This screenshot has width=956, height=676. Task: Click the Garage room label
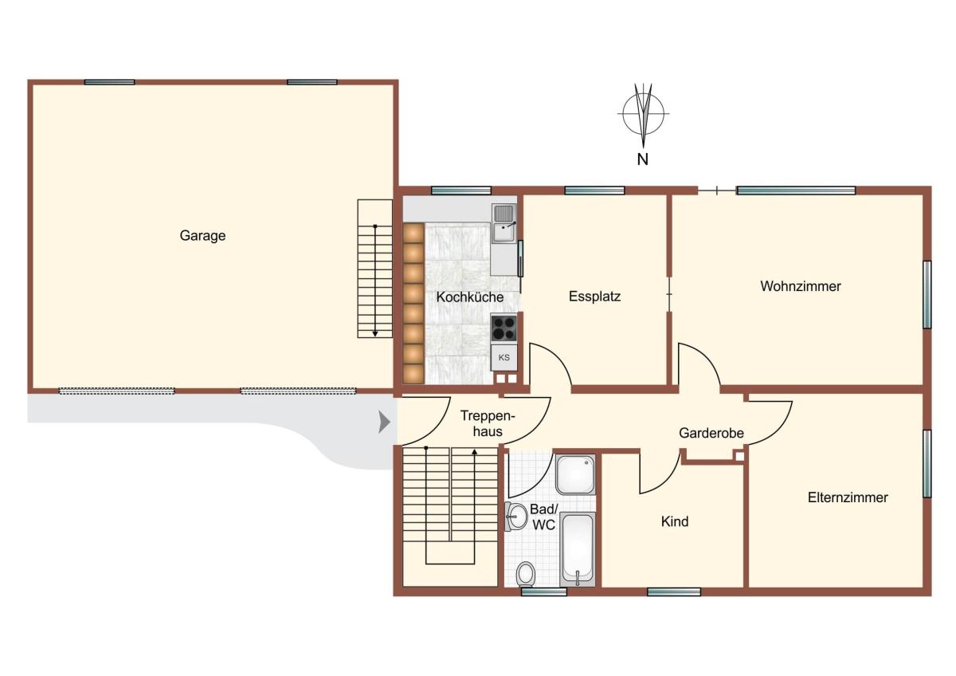pos(202,236)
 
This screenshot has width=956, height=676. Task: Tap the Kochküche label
pos(469,297)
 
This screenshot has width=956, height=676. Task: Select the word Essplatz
pos(594,297)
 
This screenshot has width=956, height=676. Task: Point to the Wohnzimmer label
pos(800,286)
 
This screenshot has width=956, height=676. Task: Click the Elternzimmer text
pos(848,497)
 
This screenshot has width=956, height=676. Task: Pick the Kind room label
pos(675,521)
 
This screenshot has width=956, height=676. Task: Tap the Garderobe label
pos(711,433)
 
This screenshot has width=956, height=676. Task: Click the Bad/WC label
pos(543,517)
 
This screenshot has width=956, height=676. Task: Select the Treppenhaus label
pos(488,423)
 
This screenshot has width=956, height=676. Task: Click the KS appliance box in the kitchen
pos(504,357)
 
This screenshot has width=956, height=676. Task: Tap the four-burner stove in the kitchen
pos(504,328)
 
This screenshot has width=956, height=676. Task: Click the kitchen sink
pos(504,223)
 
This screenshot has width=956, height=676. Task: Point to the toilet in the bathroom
pos(525,573)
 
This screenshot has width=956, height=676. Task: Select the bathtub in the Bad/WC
pos(578,549)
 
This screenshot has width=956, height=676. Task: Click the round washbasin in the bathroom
pos(516,517)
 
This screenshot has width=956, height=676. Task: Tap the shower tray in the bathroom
pos(575,474)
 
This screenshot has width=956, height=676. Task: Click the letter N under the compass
pos(643,159)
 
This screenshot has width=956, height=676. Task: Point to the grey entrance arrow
pos(384,422)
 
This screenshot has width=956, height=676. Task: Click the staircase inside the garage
pos(374,269)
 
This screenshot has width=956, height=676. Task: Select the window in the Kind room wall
pos(674,591)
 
